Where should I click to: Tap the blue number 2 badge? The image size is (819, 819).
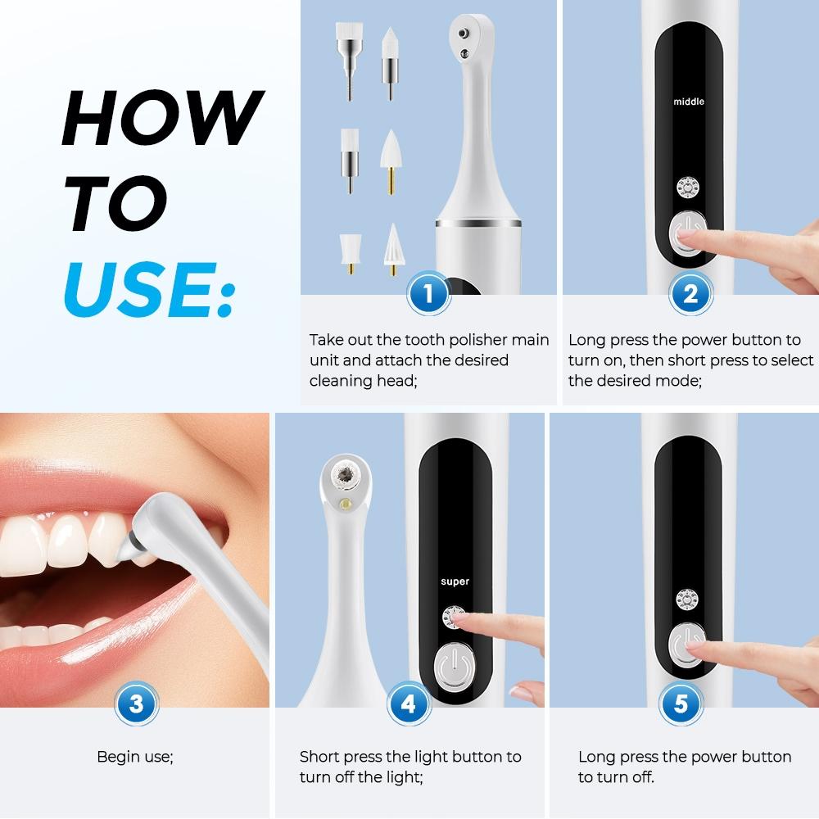click(690, 294)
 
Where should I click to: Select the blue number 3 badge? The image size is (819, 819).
click(135, 704)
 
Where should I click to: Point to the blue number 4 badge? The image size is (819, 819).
click(409, 704)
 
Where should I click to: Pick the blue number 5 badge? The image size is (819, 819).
click(681, 704)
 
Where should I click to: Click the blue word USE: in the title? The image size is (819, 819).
click(147, 290)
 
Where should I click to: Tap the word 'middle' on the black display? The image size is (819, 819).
click(688, 102)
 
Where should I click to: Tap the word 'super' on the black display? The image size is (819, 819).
click(455, 581)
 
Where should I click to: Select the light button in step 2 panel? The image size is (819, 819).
click(686, 188)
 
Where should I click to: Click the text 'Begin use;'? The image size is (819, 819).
click(135, 757)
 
